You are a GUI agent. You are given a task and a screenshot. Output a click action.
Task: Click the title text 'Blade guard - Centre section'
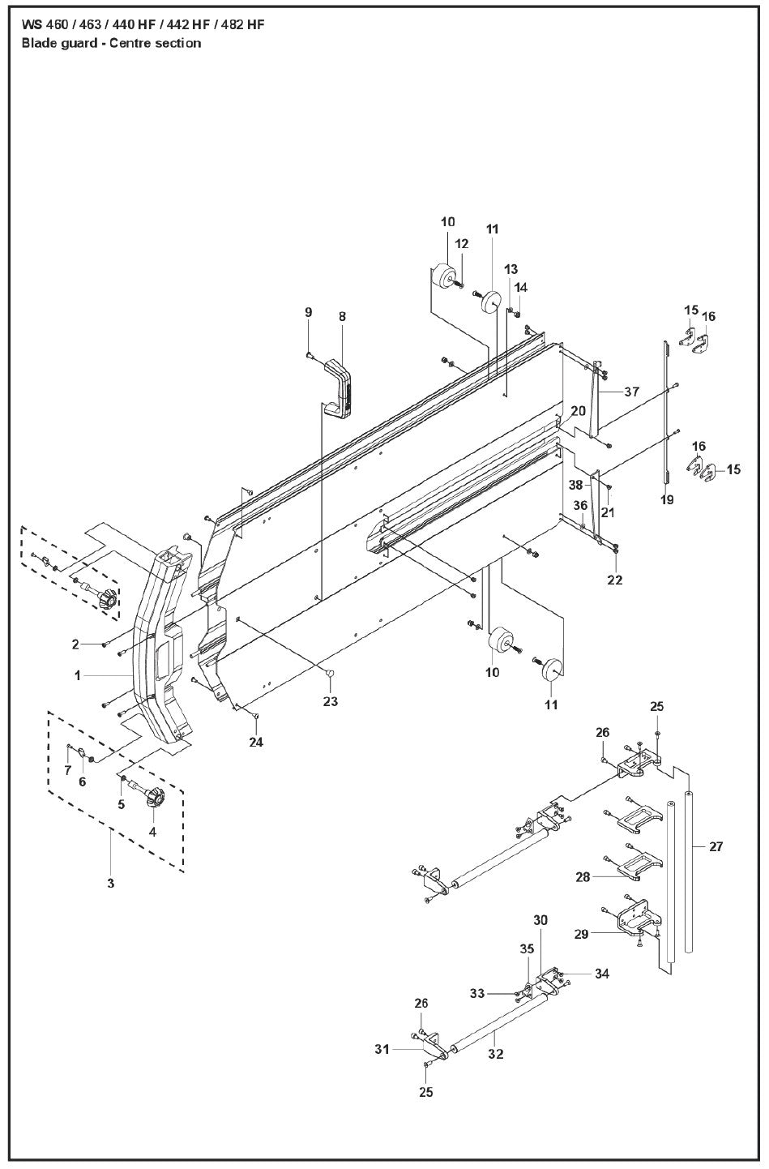(111, 43)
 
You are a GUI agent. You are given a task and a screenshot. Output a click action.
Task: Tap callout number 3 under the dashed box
(111, 883)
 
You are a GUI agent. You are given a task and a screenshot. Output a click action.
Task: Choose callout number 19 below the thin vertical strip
(667, 500)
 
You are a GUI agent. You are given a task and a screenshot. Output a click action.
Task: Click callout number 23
(331, 701)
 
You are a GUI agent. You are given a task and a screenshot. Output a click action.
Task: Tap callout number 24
(256, 742)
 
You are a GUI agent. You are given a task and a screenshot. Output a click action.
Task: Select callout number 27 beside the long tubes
(716, 847)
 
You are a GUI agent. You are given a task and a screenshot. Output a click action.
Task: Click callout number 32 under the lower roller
(496, 1054)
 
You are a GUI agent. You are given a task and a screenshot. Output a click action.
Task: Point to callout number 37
(631, 392)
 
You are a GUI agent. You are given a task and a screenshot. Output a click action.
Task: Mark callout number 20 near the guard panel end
(577, 411)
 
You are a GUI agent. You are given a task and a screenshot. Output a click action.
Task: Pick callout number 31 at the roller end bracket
(383, 1049)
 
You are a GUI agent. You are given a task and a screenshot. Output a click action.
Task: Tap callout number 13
(511, 269)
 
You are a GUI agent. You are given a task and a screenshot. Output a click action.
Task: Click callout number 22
(615, 580)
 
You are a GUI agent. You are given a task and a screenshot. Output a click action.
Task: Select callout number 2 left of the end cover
(75, 644)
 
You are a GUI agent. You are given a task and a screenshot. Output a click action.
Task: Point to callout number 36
(580, 505)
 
